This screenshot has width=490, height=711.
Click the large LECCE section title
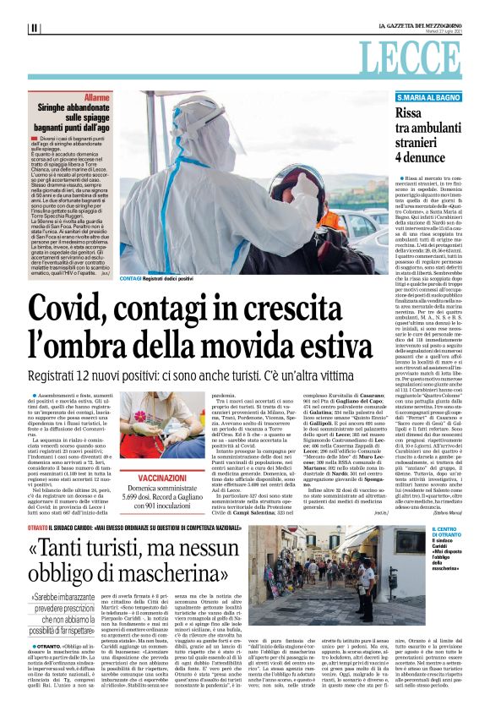coord(422,57)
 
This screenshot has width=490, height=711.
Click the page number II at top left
coord(34,28)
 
